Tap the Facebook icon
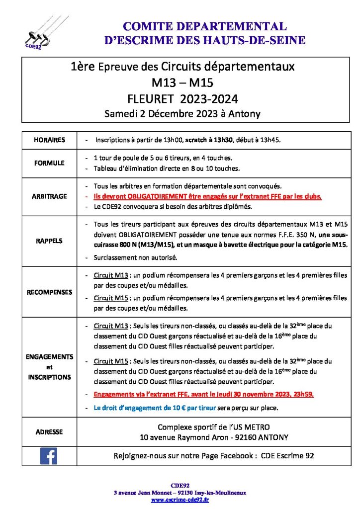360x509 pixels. [x=49, y=455]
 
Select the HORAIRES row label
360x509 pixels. [x=49, y=140]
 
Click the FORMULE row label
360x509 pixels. [x=49, y=163]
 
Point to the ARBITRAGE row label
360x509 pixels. [x=49, y=196]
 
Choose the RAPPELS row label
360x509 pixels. [x=49, y=241]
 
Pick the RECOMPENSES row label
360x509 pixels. [x=49, y=292]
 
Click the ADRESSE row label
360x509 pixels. [x=49, y=432]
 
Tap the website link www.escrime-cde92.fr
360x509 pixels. [x=180, y=500]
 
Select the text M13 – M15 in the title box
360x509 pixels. [x=182, y=82]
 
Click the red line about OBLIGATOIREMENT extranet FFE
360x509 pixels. [x=208, y=196]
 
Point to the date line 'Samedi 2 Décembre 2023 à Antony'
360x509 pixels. [x=182, y=113]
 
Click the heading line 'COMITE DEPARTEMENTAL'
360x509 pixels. [x=204, y=26]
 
